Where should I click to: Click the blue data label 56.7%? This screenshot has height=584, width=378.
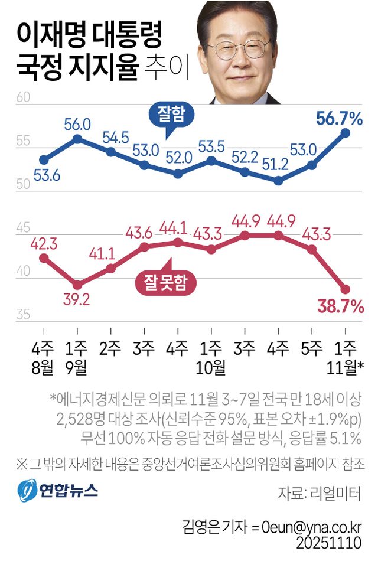pyautogui.click(x=339, y=119)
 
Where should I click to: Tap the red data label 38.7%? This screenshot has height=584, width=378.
pyautogui.click(x=340, y=305)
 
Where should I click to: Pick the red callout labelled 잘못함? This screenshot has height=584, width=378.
pyautogui.click(x=165, y=282)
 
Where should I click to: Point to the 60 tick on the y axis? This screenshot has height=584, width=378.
pyautogui.click(x=22, y=97)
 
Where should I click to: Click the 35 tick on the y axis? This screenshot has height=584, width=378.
pyautogui.click(x=22, y=315)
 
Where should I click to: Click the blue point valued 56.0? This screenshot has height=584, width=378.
pyautogui.click(x=77, y=139)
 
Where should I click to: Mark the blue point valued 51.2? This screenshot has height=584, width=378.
pyautogui.click(x=278, y=181)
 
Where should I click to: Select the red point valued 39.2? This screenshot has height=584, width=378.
pyautogui.click(x=77, y=285)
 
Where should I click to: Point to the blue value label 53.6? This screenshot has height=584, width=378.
pyautogui.click(x=44, y=176)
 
